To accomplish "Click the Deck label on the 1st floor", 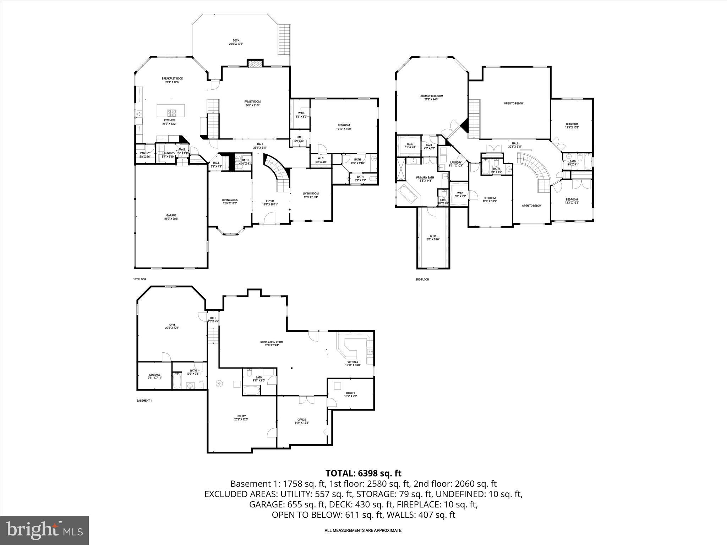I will [236, 42].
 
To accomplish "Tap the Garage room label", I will [171, 217].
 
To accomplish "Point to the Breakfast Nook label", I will [172, 80].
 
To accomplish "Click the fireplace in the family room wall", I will [255, 64].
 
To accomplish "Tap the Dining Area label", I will [230, 202].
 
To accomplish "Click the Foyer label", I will [270, 203].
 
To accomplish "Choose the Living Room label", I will [311, 195].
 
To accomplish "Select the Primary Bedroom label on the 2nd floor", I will [431, 98].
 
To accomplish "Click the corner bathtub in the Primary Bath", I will [408, 195].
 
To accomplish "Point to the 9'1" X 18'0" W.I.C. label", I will [433, 238].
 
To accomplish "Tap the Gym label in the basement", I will [172, 326].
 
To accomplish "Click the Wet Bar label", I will [352, 363].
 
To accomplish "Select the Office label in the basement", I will [302, 421].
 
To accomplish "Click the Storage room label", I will [154, 376].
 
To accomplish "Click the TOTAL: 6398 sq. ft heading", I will [363, 473].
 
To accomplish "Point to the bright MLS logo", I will [44, 530].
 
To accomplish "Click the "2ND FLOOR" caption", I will [422, 280].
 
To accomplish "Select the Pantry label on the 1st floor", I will [145, 155].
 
